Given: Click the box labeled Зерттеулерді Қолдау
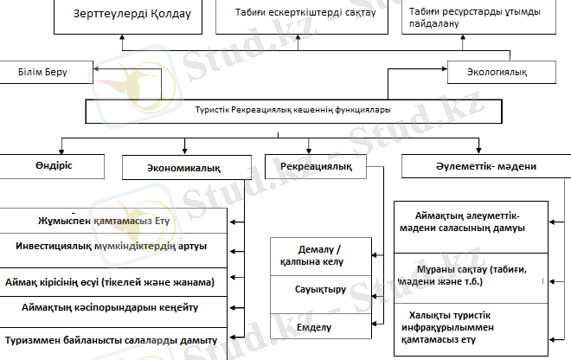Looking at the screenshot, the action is pyautogui.click(x=128, y=17).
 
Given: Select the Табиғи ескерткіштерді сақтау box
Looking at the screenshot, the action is pyautogui.click(x=302, y=17).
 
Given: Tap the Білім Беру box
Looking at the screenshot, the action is pyautogui.click(x=46, y=72).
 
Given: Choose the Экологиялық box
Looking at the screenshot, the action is pyautogui.click(x=502, y=72).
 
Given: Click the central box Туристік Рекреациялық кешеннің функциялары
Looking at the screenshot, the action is pyautogui.click(x=293, y=111).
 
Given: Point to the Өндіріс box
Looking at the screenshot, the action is pyautogui.click(x=52, y=166).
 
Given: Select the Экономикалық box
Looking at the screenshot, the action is pyautogui.click(x=187, y=168).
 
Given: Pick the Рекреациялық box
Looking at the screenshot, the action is pyautogui.click(x=316, y=166).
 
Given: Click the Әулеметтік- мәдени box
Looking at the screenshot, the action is pyautogui.click(x=486, y=166).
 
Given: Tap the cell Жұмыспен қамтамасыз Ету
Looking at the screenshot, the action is pyautogui.click(x=113, y=221).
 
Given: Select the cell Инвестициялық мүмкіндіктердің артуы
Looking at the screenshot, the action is pyautogui.click(x=113, y=251).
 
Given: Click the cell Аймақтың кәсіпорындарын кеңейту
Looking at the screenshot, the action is pyautogui.click(x=113, y=312).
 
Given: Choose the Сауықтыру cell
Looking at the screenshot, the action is pyautogui.click(x=321, y=294).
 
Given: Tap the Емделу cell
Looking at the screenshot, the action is pyautogui.click(x=321, y=326).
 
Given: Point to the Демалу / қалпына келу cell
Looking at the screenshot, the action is pyautogui.click(x=321, y=256).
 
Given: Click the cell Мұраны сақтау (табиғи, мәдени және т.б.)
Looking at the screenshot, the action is pyautogui.click(x=471, y=279).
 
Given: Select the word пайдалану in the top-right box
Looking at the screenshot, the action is pyautogui.click(x=433, y=23).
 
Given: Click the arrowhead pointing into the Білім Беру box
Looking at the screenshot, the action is pyautogui.click(x=96, y=68).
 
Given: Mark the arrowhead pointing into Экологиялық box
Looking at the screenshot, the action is pyautogui.click(x=445, y=68).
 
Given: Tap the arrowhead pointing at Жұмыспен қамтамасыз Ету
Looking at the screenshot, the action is pyautogui.click(x=233, y=222).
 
